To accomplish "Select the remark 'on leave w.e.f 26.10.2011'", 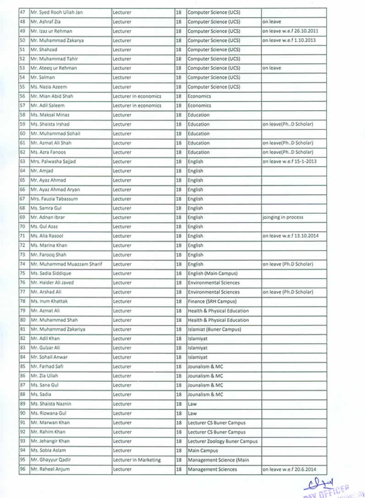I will click(290, 31).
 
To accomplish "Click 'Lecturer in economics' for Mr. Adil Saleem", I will click(137, 106).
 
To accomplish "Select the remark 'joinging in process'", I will click(283, 217).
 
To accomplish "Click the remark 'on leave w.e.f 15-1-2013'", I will click(289, 161).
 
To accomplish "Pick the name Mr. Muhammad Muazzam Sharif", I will click(66, 264).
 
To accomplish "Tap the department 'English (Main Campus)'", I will click(212, 273).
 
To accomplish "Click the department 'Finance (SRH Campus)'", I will click(212, 301).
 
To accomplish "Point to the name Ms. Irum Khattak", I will click(48, 301).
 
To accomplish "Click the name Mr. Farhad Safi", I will click(48, 367).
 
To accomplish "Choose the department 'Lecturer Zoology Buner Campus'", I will click(223, 441).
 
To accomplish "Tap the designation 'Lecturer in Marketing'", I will click(137, 460).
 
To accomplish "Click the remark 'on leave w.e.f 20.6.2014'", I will click(289, 469).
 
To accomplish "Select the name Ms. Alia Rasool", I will click(47, 236).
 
